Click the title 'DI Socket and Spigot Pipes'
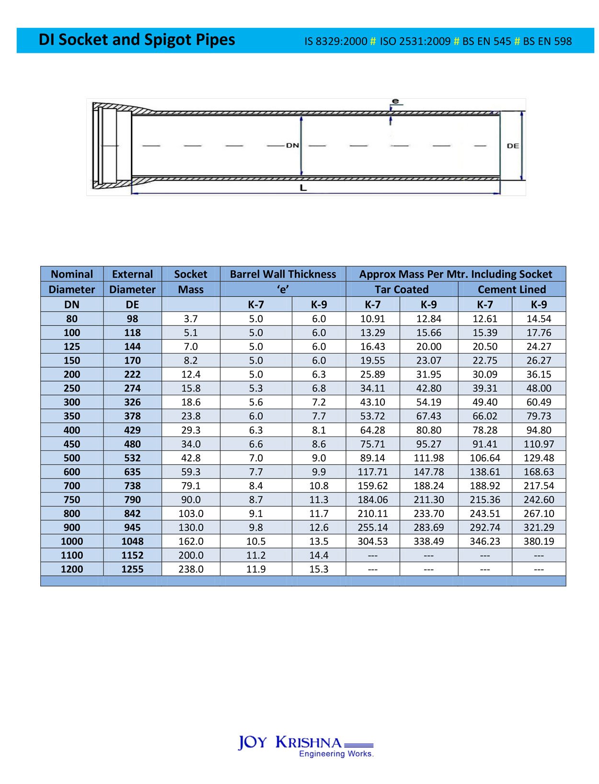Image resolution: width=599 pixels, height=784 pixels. click(137, 40)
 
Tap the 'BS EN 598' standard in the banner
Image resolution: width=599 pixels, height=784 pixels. click(547, 41)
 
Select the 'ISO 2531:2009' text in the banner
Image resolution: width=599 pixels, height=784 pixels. click(415, 41)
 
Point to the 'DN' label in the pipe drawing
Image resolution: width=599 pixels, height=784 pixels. click(292, 145)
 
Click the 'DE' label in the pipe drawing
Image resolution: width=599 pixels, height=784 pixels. click(512, 146)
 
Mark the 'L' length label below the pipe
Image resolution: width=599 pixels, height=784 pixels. click(303, 188)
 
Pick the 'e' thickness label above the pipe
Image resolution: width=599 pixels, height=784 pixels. click(395, 101)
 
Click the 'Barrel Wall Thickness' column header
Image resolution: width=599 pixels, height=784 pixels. click(283, 274)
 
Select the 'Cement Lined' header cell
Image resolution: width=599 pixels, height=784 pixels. click(511, 289)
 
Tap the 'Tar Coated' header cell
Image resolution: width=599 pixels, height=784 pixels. click(402, 289)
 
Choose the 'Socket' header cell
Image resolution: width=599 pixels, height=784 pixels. click(190, 274)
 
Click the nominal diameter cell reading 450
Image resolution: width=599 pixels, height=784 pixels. click(72, 444)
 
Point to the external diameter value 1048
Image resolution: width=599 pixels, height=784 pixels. click(132, 542)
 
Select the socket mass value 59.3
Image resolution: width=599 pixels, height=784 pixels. click(191, 472)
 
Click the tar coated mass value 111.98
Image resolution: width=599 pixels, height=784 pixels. click(428, 458)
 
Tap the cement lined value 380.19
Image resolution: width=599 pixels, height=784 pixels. click(539, 542)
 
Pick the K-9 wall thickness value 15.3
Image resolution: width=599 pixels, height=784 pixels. click(319, 569)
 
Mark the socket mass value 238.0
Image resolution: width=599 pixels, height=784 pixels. click(191, 569)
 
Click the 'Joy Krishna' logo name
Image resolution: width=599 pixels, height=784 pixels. click(290, 742)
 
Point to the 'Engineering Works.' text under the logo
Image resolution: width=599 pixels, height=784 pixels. click(336, 754)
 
